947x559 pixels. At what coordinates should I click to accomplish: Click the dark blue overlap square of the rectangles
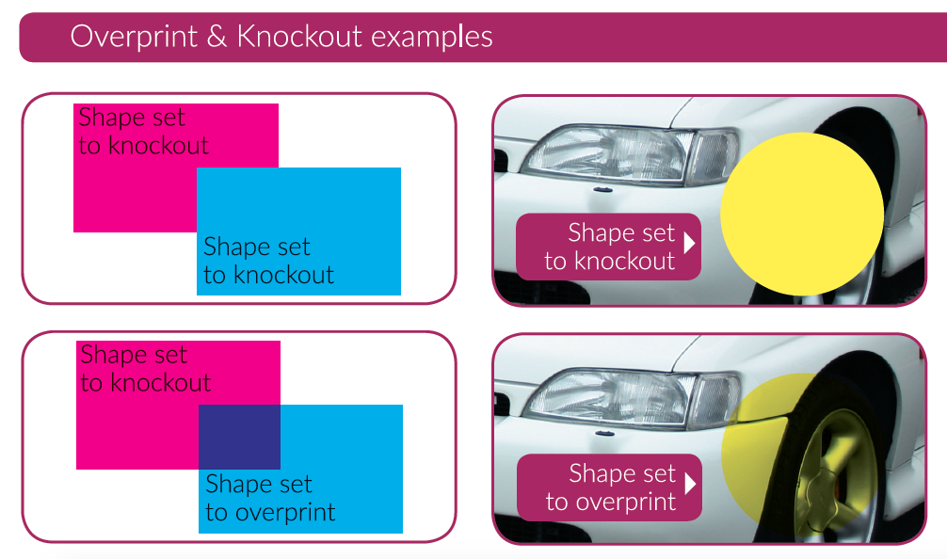(239, 436)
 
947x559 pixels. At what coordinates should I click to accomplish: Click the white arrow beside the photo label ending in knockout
(690, 243)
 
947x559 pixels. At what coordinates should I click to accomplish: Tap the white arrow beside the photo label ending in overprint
(690, 484)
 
